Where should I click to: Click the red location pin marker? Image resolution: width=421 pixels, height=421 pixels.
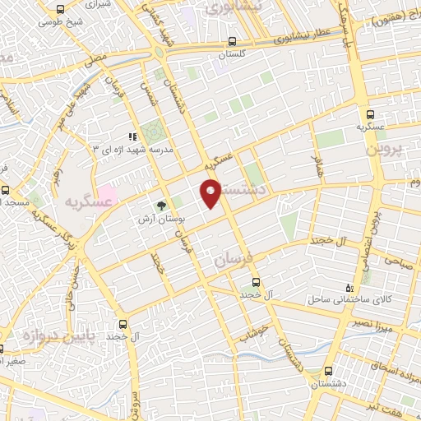(x=211, y=192)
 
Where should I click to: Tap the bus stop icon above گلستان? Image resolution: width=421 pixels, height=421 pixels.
(x=234, y=40)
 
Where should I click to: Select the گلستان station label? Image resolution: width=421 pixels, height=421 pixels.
(x=234, y=53)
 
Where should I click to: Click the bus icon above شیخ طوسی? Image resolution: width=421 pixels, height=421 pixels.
(x=58, y=8)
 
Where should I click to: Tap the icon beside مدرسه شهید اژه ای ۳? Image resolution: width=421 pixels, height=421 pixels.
(x=132, y=136)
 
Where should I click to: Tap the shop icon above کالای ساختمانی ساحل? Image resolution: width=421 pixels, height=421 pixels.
(x=351, y=288)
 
